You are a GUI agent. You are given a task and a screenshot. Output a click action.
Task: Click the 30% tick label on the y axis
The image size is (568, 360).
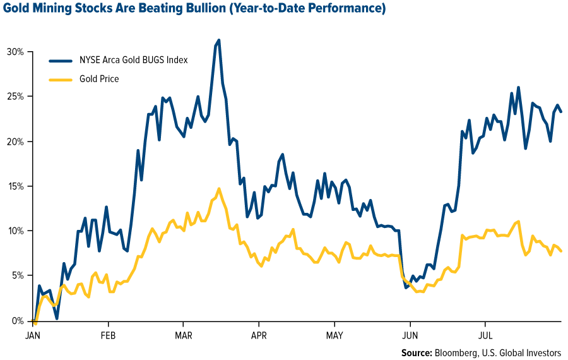coord(15,52)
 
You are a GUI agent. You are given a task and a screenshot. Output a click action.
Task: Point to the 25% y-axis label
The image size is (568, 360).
coord(15,97)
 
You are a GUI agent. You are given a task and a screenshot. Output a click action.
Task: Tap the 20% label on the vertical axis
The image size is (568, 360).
coord(15,141)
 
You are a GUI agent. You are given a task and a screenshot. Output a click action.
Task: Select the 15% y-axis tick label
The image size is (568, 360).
coord(15,186)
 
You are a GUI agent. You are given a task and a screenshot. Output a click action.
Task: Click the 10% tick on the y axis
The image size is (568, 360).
coord(15,231)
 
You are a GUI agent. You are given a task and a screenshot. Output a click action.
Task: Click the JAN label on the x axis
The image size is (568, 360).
coord(33,335)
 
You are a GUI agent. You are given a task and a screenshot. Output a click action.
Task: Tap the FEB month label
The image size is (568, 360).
coord(108,335)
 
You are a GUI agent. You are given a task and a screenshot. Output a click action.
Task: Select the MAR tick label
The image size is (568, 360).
coord(183,335)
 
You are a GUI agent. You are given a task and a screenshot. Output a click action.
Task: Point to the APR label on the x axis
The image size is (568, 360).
coord(259,335)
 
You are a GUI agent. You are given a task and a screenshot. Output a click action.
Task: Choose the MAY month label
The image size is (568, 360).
coord(334,335)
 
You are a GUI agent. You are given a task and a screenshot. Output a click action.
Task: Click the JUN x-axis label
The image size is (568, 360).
coord(410,335)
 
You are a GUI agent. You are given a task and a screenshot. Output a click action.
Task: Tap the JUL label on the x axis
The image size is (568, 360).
coord(485,335)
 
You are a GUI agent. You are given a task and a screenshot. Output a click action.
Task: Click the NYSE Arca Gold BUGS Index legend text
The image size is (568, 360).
coord(134,60)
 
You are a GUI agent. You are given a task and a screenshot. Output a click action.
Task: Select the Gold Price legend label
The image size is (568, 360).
coord(99,79)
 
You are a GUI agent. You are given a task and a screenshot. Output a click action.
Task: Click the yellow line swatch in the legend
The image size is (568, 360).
coord(61,80)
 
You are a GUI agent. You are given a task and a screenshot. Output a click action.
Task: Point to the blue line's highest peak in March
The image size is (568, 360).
coord(219,40)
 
